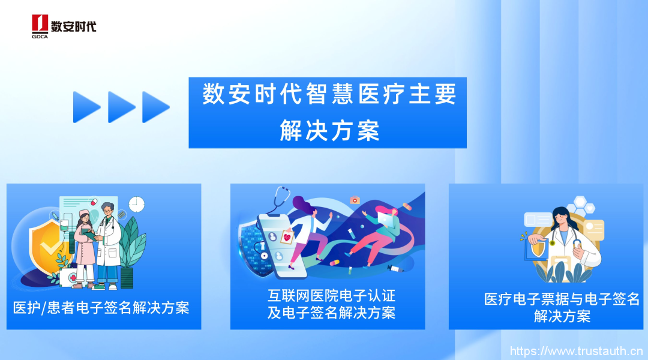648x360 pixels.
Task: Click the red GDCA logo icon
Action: coord(40,23)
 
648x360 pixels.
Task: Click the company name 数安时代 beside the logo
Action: coord(74,26)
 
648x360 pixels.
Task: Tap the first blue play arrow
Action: coord(86,107)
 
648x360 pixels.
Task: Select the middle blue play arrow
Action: coord(121,107)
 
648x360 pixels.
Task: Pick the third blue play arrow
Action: coord(156,107)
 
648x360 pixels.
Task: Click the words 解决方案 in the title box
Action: coord(329,131)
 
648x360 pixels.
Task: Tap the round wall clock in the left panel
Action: coord(136,204)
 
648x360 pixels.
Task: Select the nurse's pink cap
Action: coord(85,214)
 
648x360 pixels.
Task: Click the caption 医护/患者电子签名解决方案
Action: coord(101,308)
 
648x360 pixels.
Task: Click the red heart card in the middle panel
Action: coord(287,237)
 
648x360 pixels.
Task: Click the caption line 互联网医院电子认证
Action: coord(331,296)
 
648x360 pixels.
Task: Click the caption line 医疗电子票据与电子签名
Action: coord(562,299)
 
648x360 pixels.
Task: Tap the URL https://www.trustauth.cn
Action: coord(576,352)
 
